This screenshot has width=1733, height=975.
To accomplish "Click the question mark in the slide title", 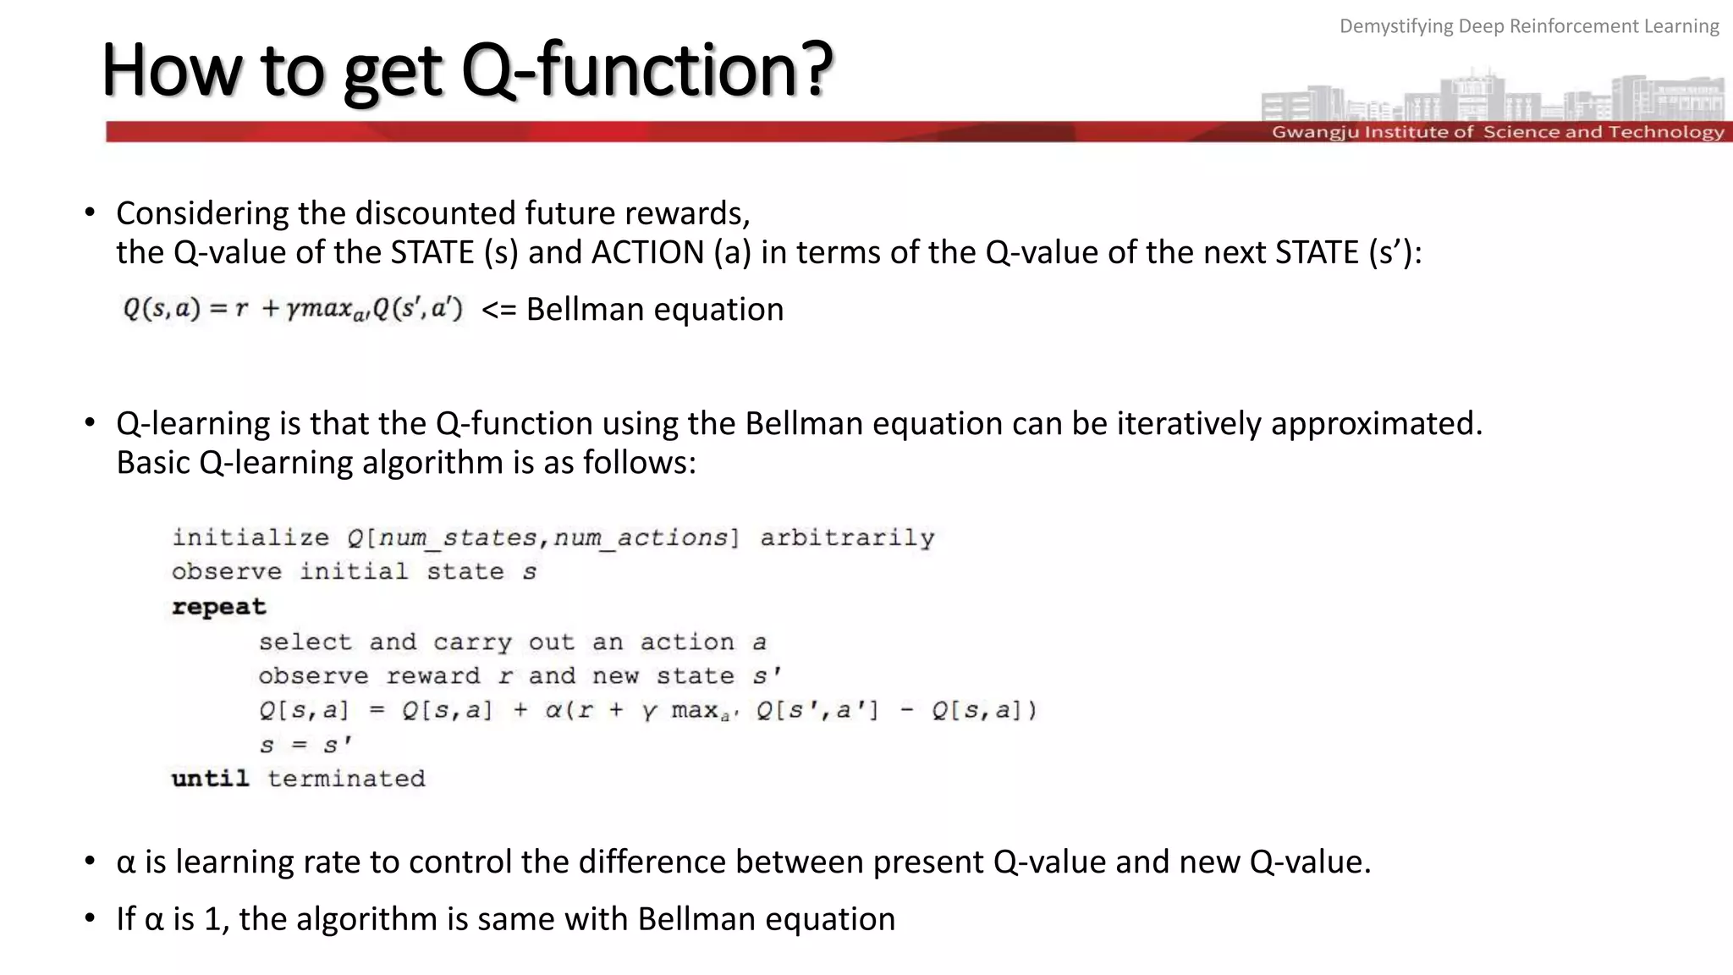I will [814, 69].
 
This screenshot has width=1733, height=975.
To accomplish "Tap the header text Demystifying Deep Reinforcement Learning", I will [1528, 26].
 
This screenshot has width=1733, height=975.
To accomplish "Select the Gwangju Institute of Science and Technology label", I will [1497, 132].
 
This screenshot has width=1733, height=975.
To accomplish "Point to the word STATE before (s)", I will [432, 252].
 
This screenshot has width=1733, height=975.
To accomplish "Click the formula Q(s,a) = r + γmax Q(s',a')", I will [293, 309].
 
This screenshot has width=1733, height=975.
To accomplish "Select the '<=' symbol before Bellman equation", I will [498, 310].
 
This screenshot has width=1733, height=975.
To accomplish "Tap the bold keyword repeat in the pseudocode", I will [218, 607].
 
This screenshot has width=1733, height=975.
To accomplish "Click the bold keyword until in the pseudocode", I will [210, 779].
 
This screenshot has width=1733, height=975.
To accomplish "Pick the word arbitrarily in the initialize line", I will [847, 538].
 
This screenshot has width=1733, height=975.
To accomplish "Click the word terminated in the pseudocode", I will [346, 779].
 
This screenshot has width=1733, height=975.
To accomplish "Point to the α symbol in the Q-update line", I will [553, 710].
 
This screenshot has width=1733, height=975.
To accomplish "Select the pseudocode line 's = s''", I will [305, 745].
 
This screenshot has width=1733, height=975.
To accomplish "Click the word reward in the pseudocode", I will [432, 676].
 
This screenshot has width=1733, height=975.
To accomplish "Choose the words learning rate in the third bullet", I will [267, 862].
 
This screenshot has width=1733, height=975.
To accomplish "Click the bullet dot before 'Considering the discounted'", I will [90, 213].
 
